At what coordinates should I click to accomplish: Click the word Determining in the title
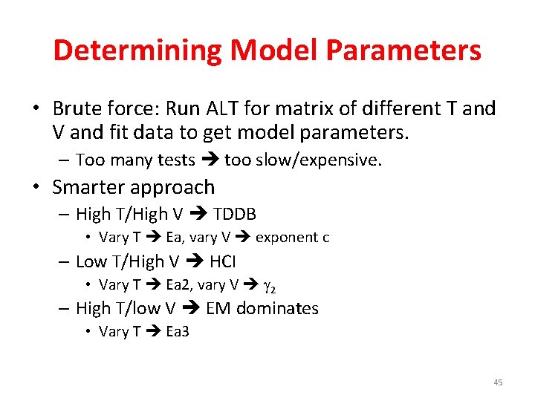(138, 50)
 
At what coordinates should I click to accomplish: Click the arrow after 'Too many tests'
(210, 160)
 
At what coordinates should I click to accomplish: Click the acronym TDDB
(234, 215)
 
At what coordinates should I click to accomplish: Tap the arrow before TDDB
(198, 215)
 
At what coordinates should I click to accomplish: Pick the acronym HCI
(223, 261)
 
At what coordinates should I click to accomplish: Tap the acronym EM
(218, 308)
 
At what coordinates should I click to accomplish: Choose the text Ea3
(178, 331)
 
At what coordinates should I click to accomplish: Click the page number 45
(498, 382)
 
